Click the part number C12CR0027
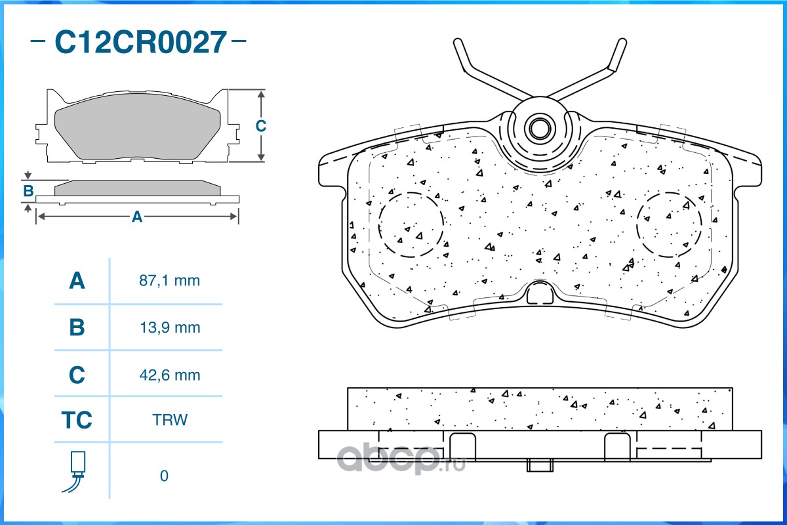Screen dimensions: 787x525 click(x=140, y=42)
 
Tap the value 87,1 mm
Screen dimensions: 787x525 click(x=169, y=281)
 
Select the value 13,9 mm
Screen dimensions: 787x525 click(x=170, y=327)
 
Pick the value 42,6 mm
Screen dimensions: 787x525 click(x=170, y=375)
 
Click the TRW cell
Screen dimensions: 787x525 click(x=170, y=420)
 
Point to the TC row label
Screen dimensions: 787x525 click(x=77, y=420)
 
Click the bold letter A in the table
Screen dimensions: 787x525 click(x=77, y=281)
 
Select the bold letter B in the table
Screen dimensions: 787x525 click(x=77, y=327)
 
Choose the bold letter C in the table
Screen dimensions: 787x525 click(x=77, y=375)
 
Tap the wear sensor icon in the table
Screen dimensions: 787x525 click(x=76, y=471)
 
